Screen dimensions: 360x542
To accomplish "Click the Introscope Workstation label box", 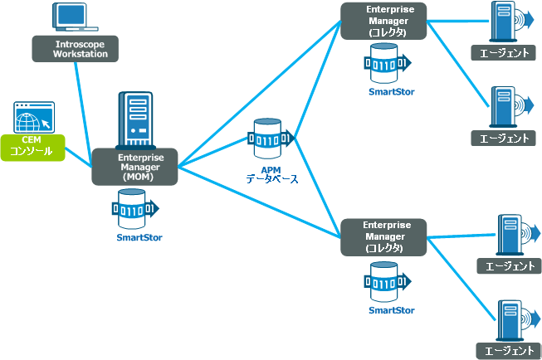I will (x=75, y=48).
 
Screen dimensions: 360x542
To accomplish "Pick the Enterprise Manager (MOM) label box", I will (x=134, y=167).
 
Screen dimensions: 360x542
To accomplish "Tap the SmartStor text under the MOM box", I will (x=139, y=238).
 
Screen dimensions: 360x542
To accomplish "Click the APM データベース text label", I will (x=271, y=173).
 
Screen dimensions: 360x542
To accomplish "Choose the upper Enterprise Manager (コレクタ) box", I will (x=383, y=21).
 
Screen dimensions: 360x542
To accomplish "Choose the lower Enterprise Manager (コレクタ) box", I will (x=383, y=236).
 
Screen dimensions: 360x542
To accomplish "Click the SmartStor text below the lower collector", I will (x=392, y=310).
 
